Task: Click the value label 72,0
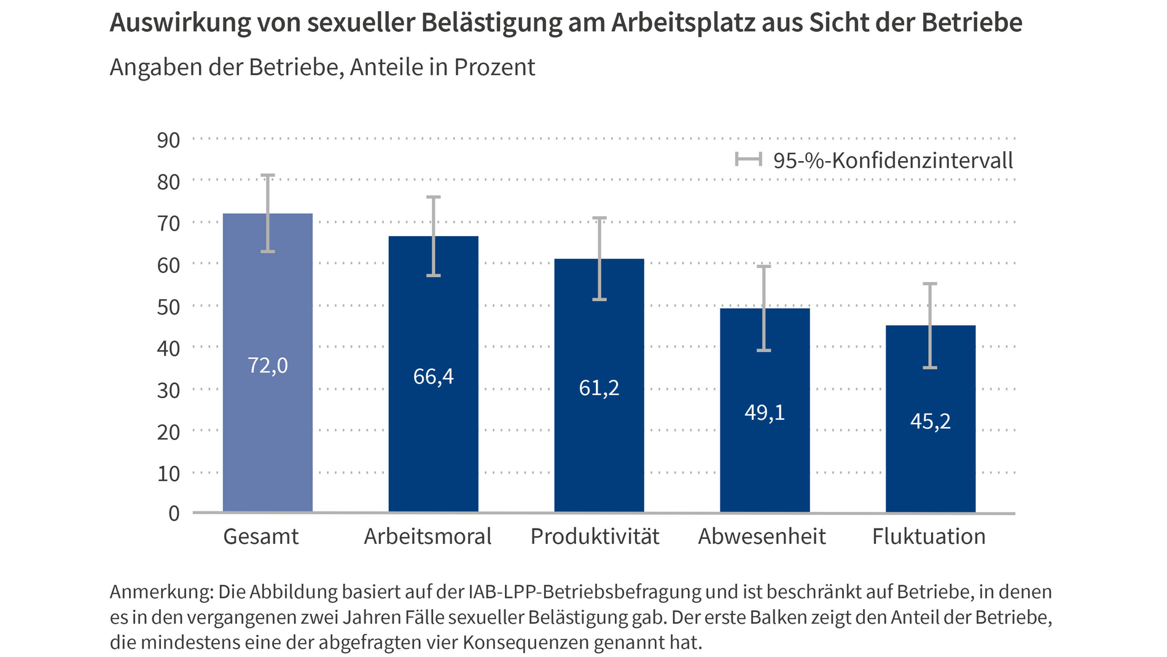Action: point(267,366)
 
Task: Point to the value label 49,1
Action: point(765,412)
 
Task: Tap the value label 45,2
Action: point(931,422)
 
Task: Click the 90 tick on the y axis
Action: point(168,140)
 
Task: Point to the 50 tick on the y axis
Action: point(168,307)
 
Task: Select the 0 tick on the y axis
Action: point(174,513)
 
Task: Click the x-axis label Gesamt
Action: point(260,537)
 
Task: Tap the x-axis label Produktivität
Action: point(595,537)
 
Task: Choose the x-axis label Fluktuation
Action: point(929,537)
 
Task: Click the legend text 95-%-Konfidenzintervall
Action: point(892,161)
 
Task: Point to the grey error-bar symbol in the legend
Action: point(748,160)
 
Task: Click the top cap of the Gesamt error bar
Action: point(267,176)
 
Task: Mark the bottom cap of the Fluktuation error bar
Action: point(930,368)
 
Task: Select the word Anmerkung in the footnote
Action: point(162,592)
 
